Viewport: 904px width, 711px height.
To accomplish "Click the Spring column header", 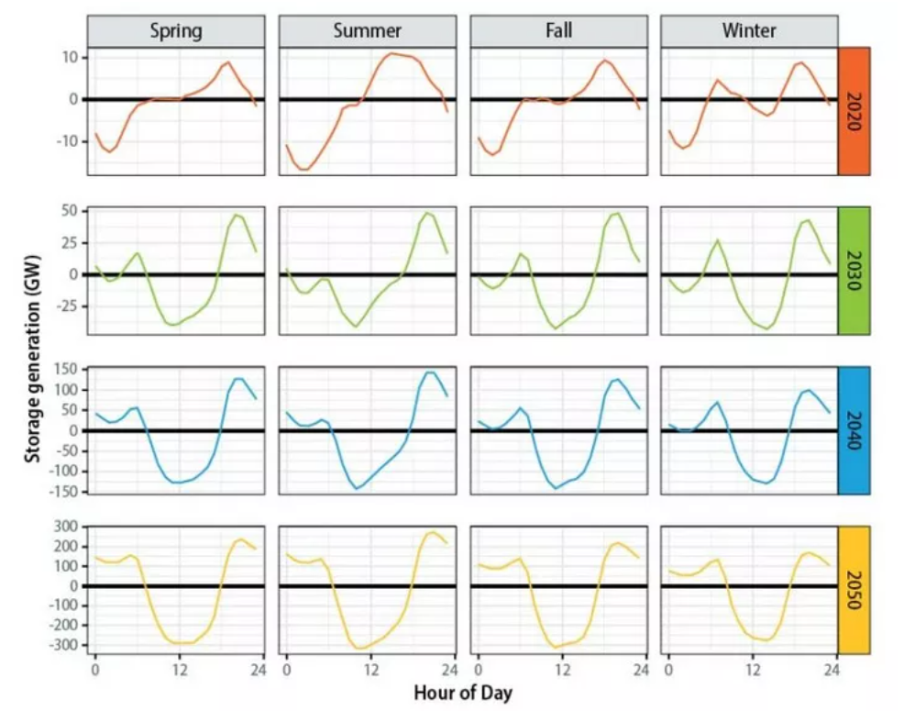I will coord(177,31).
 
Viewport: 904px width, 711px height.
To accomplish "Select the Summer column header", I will coord(368,31).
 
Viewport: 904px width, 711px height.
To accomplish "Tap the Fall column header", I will coord(558,31).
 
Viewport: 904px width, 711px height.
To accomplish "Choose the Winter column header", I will coord(749,31).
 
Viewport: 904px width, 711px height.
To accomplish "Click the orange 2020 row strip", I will coord(854,110).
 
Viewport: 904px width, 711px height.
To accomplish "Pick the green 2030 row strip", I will coord(854,271).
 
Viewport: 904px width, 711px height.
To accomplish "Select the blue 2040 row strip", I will coord(854,430).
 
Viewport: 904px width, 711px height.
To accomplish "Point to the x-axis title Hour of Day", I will coord(462,694).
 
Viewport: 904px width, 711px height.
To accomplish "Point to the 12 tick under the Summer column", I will coord(370,671).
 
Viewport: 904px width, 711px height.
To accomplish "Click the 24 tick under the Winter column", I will coord(830,671).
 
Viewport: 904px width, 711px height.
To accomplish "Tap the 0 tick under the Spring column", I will coord(94,671).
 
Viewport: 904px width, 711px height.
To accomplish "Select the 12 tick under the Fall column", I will coord(561,671).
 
